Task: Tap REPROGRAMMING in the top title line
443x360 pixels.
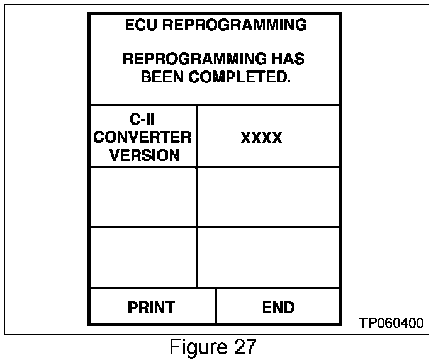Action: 236,25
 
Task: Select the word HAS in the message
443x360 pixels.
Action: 289,60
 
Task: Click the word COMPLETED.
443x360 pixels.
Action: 242,77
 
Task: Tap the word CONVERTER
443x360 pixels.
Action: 142,137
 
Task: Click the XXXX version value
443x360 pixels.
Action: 261,138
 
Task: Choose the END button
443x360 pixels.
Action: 278,307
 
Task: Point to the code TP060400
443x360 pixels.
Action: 391,323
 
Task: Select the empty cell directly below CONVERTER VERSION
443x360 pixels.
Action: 143,197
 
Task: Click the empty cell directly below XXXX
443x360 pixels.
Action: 268,197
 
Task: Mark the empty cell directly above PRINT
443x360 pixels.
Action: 143,257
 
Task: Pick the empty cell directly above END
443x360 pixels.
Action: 268,257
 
